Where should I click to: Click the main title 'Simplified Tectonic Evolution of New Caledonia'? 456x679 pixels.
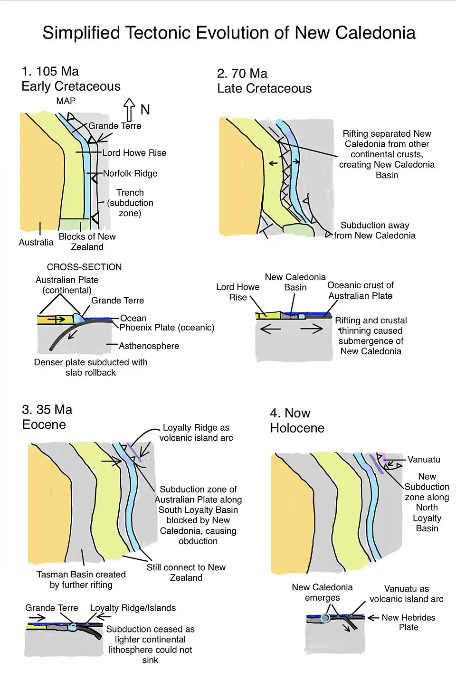tap(228, 33)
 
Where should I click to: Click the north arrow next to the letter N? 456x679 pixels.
tap(129, 109)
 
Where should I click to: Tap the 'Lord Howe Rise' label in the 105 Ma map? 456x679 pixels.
tap(134, 153)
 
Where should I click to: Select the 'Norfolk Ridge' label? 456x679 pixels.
tap(130, 173)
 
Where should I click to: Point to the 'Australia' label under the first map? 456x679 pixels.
tap(36, 242)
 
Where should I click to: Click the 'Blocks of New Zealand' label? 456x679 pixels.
tap(87, 242)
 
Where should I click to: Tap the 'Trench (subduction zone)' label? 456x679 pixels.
tap(130, 203)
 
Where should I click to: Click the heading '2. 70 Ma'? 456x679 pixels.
tap(242, 74)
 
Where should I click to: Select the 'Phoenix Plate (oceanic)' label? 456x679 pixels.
tap(167, 327)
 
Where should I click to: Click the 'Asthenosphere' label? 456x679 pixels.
tap(149, 346)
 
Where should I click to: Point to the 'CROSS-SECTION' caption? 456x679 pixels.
tap(84, 267)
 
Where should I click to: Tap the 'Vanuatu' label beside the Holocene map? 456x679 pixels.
tap(424, 459)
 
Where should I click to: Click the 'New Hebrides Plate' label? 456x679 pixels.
tap(408, 622)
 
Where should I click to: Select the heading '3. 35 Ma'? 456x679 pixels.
tap(47, 410)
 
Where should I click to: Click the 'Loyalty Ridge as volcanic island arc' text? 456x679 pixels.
tap(196, 433)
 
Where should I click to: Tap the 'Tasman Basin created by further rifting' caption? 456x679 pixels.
tap(81, 579)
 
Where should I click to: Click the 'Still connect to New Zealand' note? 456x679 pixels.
tap(186, 572)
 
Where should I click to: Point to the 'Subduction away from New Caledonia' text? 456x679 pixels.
tap(374, 230)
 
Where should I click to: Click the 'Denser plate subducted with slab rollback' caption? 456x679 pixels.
tap(91, 367)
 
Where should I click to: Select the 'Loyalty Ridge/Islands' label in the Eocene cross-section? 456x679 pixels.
tap(133, 608)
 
